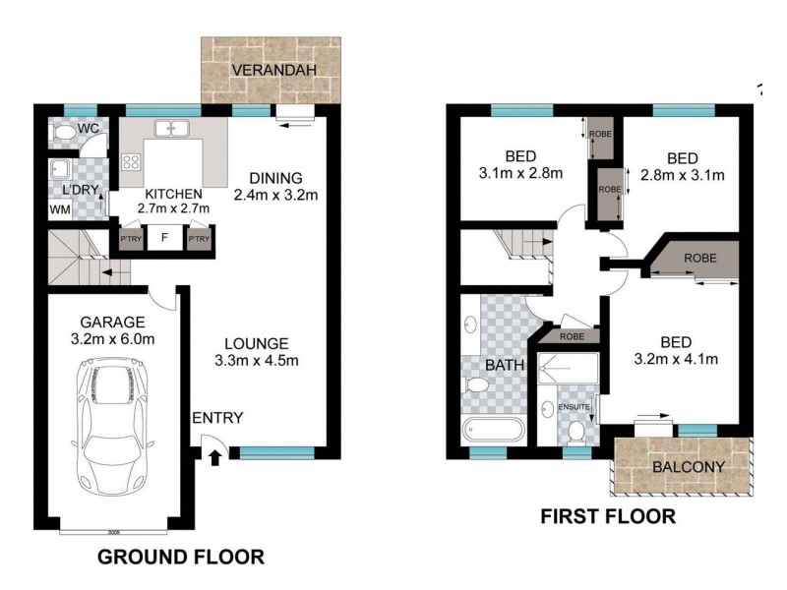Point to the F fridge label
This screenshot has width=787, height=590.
(165, 237)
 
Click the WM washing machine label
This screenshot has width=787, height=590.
(60, 210)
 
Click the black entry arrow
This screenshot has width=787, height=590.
(216, 455)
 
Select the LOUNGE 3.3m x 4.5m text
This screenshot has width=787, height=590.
(256, 352)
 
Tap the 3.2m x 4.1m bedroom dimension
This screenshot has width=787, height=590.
(675, 359)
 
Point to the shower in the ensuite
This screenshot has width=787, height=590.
(565, 373)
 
